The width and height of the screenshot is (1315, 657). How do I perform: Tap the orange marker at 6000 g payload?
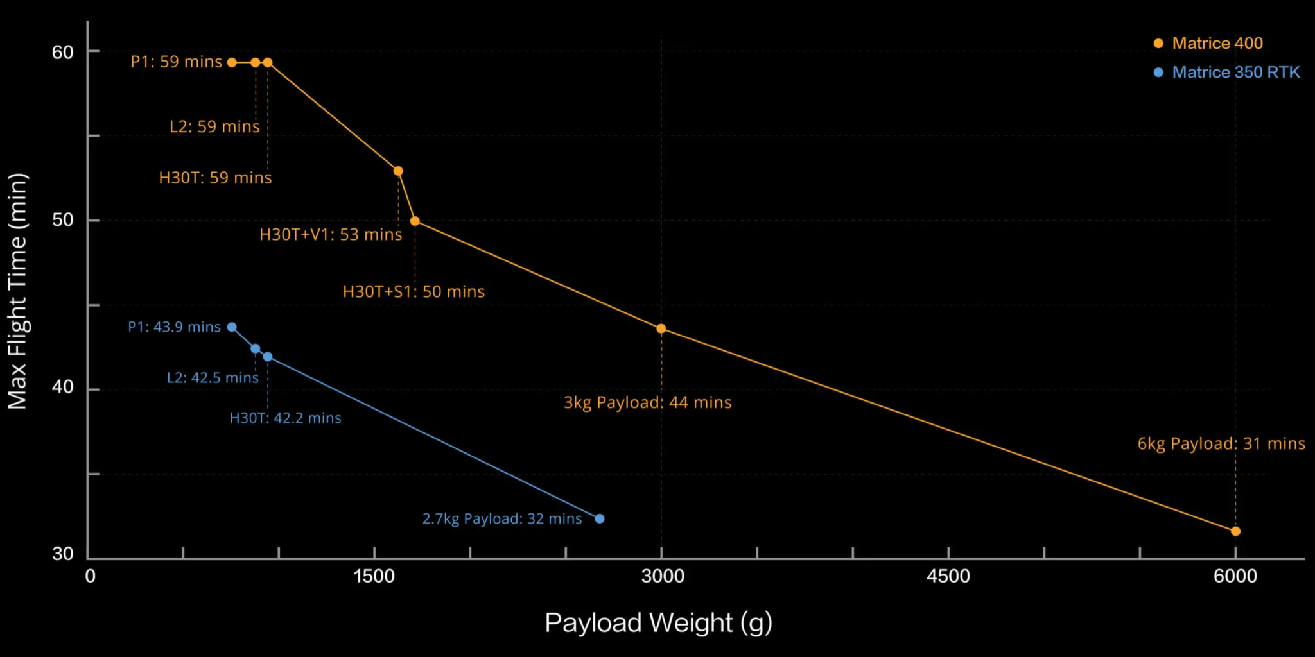1235,531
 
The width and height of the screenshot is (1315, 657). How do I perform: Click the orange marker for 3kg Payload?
661,328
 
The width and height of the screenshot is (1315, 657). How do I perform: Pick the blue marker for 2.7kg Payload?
600,518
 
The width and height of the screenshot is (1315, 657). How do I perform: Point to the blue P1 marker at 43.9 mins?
232,327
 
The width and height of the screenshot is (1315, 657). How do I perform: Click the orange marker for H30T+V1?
398,171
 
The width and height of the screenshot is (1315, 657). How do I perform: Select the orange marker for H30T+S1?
415,221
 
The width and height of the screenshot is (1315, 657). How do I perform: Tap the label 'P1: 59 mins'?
176,62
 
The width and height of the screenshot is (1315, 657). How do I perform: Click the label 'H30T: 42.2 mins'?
285,418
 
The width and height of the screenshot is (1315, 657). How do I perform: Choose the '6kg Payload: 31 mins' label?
1221,443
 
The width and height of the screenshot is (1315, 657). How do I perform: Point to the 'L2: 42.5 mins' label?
213,378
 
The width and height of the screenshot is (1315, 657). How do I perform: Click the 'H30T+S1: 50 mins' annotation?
414,292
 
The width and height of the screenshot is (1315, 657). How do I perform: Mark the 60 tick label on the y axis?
63,52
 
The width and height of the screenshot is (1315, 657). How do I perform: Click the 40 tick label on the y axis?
63,387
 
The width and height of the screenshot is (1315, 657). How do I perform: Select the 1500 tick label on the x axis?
374,576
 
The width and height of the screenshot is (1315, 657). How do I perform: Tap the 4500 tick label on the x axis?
948,576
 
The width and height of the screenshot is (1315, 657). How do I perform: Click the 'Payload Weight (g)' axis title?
658,622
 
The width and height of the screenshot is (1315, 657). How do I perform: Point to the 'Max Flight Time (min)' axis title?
17,291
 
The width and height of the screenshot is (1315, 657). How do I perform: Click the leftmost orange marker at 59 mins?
232,62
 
